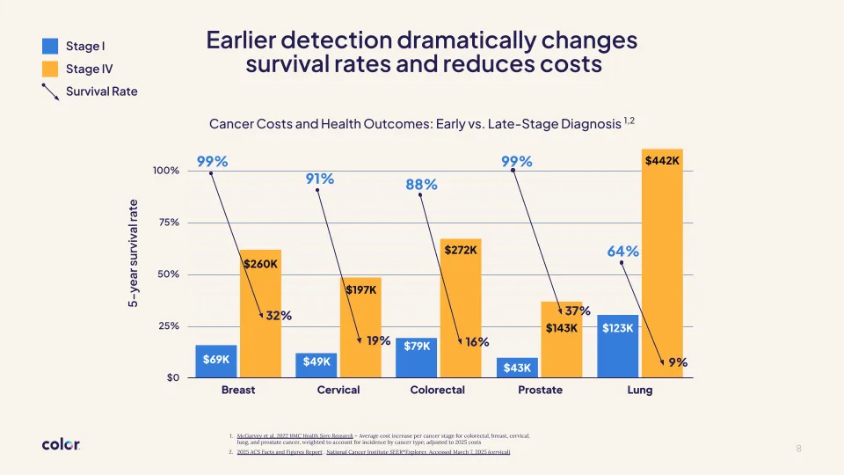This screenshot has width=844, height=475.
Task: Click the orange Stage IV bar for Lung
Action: pos(662,264)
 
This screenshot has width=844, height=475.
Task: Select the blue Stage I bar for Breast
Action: pos(216,361)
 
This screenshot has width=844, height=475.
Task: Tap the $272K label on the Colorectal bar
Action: pos(461,250)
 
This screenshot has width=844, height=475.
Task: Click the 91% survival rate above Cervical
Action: pos(319,179)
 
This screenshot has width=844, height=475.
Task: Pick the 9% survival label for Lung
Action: pos(678,362)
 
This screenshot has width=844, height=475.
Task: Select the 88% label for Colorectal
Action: pos(421,185)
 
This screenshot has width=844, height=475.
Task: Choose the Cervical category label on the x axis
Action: pos(338,390)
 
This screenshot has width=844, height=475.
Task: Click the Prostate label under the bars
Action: pos(540,390)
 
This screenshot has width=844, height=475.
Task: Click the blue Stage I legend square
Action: pos(50,46)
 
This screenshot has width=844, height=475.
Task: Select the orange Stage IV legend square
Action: pos(50,69)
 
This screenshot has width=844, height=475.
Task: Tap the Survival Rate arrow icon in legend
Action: pos(50,91)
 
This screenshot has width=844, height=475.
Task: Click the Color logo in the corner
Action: pos(61,445)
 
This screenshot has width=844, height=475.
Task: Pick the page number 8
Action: pos(798,449)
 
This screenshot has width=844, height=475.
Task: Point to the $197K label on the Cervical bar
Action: pos(360,290)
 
